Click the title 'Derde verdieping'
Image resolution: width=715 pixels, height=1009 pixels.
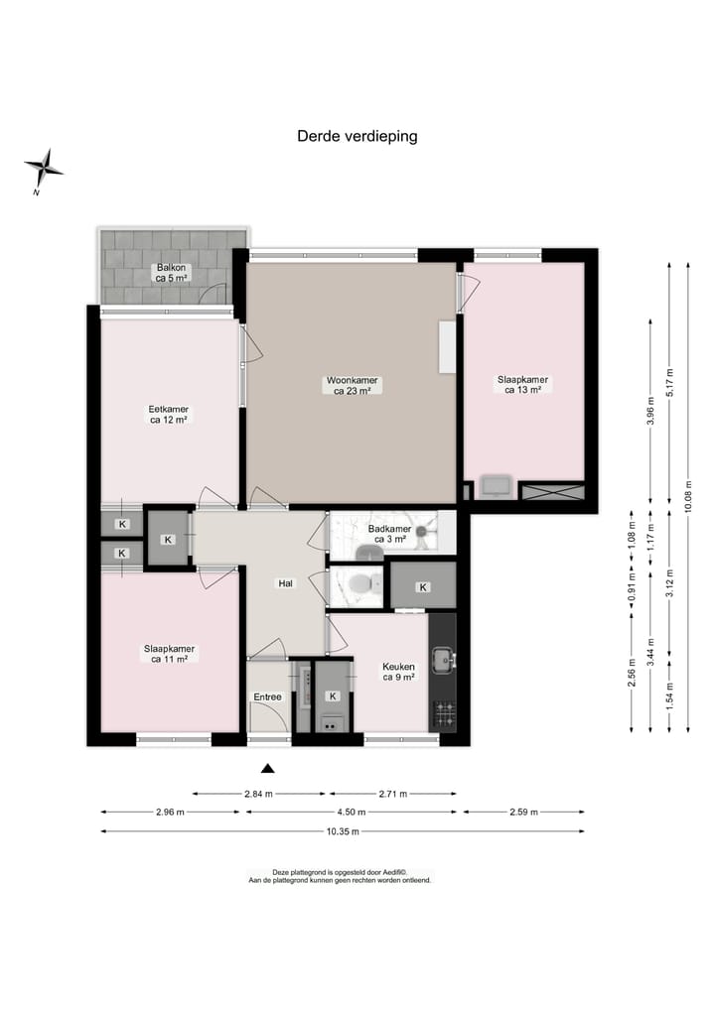click(x=357, y=137)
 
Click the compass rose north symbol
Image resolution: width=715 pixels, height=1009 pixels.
click(x=44, y=170)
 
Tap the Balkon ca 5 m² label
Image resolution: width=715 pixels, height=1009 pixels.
click(x=171, y=273)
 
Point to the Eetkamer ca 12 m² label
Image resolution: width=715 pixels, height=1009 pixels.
click(x=169, y=414)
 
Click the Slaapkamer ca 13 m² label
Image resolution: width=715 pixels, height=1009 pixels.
click(x=522, y=384)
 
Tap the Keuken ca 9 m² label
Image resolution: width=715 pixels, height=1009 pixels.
click(x=398, y=672)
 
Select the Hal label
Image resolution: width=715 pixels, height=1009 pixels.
click(x=286, y=584)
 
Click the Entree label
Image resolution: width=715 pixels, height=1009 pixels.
click(x=267, y=697)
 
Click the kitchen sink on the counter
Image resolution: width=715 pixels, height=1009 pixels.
click(x=443, y=659)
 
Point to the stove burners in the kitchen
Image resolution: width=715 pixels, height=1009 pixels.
click(x=443, y=711)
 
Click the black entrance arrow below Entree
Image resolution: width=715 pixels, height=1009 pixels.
click(x=266, y=767)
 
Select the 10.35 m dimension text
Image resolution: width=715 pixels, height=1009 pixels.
click(x=342, y=831)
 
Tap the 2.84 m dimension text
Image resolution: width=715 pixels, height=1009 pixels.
click(x=259, y=794)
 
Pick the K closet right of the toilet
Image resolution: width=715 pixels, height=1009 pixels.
click(x=423, y=587)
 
